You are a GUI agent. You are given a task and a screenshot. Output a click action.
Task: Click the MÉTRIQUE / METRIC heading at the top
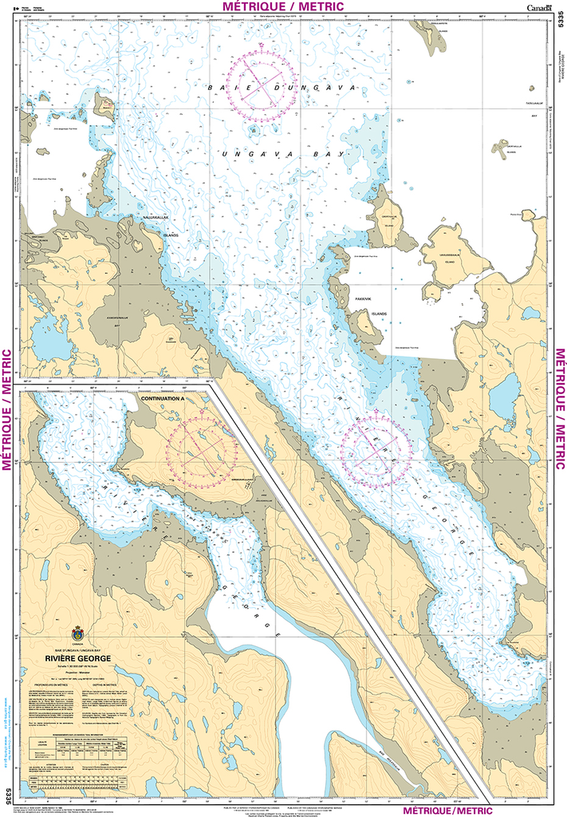pos(283,6)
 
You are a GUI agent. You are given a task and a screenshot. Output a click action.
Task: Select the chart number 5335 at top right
pos(558,33)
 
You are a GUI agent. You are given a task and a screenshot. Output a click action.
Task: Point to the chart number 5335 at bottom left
pos(8,795)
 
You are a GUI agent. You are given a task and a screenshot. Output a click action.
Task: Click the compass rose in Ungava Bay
pos(261,85)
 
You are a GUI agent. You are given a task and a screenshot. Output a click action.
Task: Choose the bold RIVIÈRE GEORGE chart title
pos(78,658)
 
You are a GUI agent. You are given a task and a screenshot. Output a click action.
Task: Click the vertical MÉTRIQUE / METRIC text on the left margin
pos(7,408)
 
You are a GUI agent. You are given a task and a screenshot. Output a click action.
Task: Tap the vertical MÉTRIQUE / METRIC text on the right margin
pos(560,408)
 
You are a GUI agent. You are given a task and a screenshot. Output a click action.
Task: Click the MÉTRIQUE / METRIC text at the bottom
pos(455,809)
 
